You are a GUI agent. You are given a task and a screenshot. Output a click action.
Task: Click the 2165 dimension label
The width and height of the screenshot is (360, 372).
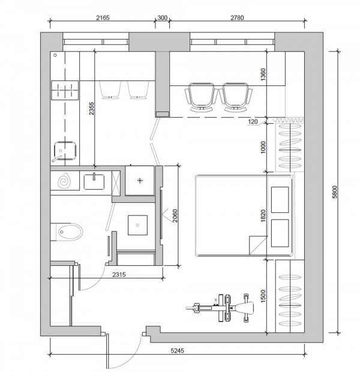[x=103, y=18]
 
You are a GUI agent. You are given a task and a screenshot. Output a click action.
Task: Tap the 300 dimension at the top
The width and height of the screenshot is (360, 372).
[x=163, y=18]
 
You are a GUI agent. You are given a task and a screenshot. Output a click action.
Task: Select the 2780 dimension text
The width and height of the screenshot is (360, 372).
[x=237, y=18]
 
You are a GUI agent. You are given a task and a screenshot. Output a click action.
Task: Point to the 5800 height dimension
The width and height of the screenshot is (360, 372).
[x=334, y=191]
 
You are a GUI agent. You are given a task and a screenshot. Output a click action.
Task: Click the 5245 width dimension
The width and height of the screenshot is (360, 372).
[x=177, y=350]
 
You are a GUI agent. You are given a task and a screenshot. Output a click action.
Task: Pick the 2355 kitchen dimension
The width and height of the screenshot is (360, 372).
[x=92, y=109]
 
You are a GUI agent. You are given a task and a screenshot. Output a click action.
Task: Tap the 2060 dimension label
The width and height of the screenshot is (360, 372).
[x=175, y=215]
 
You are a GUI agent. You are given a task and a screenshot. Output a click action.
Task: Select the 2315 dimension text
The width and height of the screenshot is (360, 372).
[x=119, y=274]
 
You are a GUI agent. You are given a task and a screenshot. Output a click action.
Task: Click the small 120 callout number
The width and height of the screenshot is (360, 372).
[x=253, y=121]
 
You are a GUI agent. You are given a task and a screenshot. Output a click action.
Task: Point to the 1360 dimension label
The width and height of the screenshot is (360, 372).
[x=263, y=74]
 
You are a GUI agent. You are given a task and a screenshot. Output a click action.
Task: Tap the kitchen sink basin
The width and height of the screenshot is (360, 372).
[x=65, y=151]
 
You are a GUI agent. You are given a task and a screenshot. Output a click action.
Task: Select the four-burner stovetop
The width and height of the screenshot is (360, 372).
[x=65, y=90]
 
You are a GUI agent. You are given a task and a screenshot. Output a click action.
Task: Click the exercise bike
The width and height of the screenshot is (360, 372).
[x=220, y=308]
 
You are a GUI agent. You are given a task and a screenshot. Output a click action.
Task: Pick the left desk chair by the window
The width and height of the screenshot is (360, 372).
[x=201, y=97]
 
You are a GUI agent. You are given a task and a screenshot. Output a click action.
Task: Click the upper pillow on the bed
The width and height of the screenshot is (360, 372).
[x=280, y=200]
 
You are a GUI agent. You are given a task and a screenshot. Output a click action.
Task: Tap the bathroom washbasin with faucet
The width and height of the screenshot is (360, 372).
[x=94, y=182]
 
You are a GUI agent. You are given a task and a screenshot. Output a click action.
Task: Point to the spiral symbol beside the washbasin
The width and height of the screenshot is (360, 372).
[x=64, y=181]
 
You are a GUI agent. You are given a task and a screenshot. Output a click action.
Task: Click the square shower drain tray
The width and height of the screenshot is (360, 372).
[x=137, y=225]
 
